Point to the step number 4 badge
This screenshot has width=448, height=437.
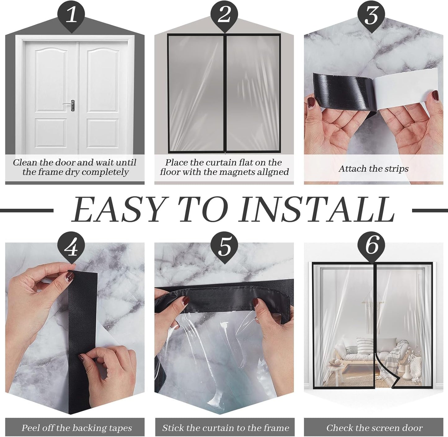(72, 247)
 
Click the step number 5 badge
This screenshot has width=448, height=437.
(224, 247)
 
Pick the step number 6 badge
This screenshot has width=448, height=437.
(371, 247)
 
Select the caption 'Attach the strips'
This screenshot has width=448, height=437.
(373, 169)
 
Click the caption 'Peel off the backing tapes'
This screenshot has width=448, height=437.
(77, 428)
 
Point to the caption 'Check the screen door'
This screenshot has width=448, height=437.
(374, 428)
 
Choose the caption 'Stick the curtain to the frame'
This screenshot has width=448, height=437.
(225, 428)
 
